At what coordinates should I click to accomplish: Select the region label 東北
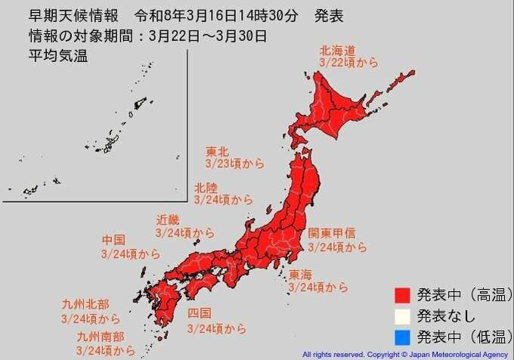(x=217, y=151)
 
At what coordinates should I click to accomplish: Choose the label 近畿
(x=168, y=220)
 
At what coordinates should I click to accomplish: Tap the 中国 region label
(x=113, y=240)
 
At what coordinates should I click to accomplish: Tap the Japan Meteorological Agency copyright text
(x=404, y=354)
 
